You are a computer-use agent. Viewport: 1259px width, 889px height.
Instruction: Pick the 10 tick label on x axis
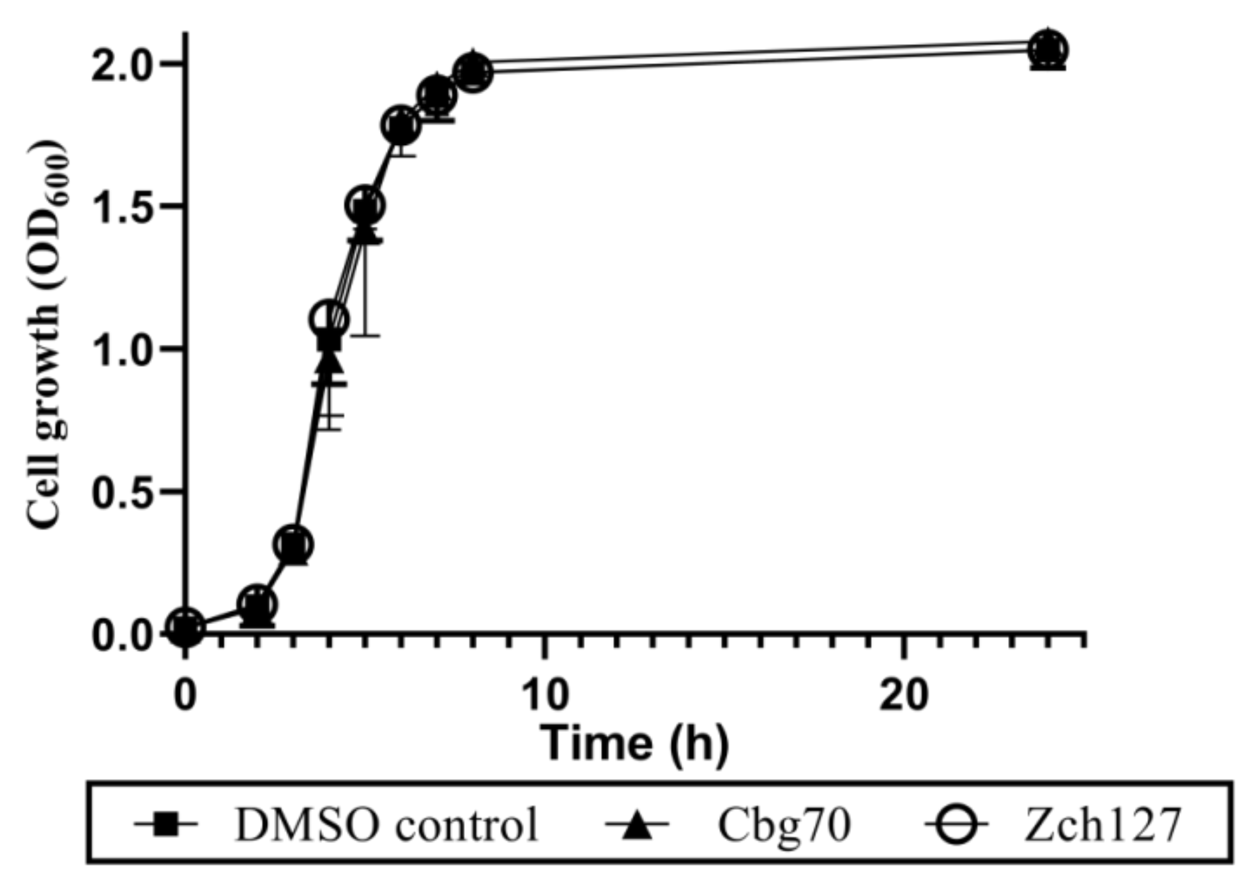[x=544, y=695]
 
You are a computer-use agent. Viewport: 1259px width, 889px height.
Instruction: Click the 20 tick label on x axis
[x=903, y=695]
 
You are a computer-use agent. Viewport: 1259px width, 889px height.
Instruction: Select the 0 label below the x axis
[x=185, y=695]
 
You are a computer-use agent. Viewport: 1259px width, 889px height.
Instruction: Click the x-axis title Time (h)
[x=634, y=743]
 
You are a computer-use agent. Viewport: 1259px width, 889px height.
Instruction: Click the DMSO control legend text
[x=387, y=824]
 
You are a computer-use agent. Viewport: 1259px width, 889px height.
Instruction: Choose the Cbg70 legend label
[x=784, y=824]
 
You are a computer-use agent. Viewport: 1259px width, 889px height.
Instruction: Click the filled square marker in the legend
[x=165, y=824]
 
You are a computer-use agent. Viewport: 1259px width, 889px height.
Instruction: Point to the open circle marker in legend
[x=956, y=824]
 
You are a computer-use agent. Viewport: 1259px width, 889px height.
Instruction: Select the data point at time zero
[x=185, y=627]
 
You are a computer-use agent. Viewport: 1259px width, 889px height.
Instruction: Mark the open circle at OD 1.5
[x=365, y=206]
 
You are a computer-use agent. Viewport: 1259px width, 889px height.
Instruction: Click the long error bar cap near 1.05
[x=365, y=335]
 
